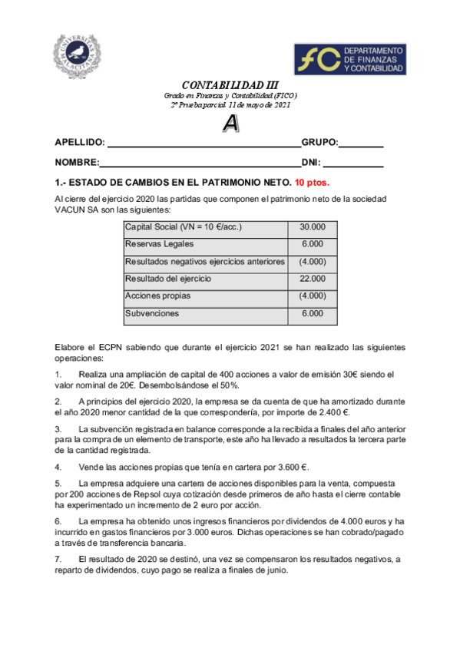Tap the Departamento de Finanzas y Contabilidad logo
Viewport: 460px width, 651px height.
(x=350, y=59)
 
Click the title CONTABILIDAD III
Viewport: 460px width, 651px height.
(x=230, y=85)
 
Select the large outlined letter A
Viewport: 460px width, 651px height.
(x=230, y=122)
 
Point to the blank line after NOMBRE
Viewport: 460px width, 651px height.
(x=200, y=163)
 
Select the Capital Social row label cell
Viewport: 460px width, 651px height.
(x=206, y=226)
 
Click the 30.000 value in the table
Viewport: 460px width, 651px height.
(x=313, y=226)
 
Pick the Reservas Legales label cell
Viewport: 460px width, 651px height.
(x=206, y=244)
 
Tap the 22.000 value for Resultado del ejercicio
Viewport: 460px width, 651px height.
(x=313, y=279)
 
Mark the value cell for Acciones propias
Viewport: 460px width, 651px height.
(x=313, y=296)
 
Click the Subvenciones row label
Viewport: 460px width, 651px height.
(x=206, y=313)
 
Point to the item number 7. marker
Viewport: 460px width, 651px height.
(x=58, y=559)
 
